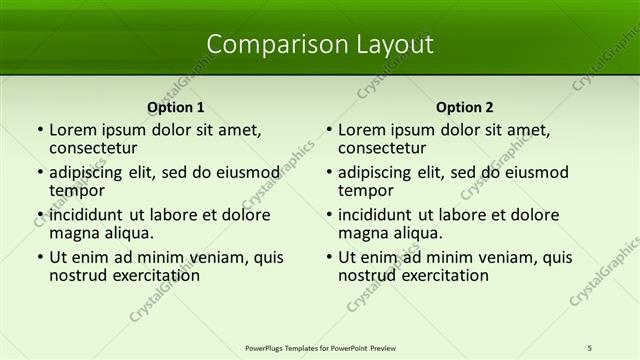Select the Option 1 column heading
(175, 107)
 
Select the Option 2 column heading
(464, 107)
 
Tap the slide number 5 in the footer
(590, 347)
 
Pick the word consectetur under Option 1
(93, 148)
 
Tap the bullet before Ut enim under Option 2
(329, 257)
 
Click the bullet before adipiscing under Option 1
(40, 172)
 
